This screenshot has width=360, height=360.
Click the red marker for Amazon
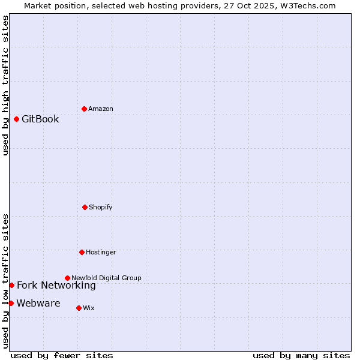click(84, 109)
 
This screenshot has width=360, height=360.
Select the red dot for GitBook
click(16, 119)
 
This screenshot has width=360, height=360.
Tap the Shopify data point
click(85, 207)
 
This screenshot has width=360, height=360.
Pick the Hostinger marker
click(82, 252)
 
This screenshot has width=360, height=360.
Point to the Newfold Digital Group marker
click(67, 278)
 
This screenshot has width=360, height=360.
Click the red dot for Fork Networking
click(11, 285)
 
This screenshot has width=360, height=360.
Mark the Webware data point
click(11, 303)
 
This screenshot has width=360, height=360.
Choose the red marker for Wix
click(79, 308)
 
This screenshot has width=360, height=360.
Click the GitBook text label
click(40, 119)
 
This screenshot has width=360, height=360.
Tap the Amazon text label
click(101, 109)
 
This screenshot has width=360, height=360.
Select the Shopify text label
click(101, 207)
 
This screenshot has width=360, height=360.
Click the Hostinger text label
click(101, 252)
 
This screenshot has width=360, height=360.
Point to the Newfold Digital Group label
click(106, 278)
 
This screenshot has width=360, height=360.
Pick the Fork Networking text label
click(56, 285)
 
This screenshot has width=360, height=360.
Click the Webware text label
click(38, 303)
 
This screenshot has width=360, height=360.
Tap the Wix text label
click(89, 308)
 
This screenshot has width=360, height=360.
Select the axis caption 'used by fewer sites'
click(62, 355)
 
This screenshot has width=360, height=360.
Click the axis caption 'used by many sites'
click(301, 355)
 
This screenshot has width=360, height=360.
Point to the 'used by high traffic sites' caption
click(5, 85)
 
